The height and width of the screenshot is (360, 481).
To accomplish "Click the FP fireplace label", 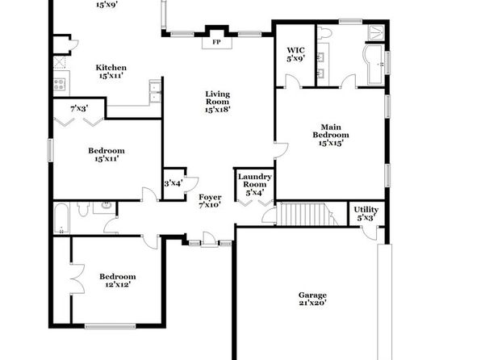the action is [216, 42].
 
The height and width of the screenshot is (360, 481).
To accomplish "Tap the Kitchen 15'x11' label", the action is [111, 72].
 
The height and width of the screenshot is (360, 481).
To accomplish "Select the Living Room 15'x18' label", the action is [218, 102].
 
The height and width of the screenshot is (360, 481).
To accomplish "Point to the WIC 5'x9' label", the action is [295, 54].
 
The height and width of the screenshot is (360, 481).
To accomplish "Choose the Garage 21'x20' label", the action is [312, 299].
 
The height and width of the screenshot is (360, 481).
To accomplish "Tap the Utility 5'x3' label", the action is [366, 214].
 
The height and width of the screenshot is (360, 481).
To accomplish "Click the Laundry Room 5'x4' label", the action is [255, 185].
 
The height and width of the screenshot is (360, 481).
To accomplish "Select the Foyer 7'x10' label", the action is [210, 201].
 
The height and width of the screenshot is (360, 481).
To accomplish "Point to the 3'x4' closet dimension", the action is [174, 183].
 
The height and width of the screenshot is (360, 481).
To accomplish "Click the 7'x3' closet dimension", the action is [79, 108].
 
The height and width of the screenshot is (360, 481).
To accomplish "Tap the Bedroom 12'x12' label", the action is [118, 280].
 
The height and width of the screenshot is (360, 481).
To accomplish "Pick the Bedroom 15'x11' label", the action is [107, 154].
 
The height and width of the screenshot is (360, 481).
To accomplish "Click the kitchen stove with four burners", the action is [59, 84].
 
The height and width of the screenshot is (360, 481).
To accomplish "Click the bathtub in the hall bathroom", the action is [61, 218].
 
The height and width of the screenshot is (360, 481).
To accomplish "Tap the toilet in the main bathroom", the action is [324, 32].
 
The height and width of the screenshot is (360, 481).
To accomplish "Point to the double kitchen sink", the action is [155, 91].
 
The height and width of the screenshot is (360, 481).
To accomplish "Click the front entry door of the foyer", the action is [210, 240].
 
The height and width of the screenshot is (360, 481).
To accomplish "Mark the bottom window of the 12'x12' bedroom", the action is [110, 326].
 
